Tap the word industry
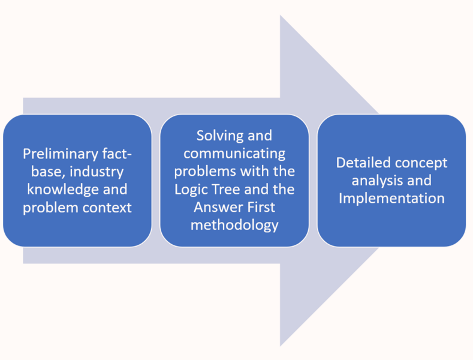[x=98, y=172]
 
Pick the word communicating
[x=234, y=154]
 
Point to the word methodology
[x=234, y=225]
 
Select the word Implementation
[x=391, y=198]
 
